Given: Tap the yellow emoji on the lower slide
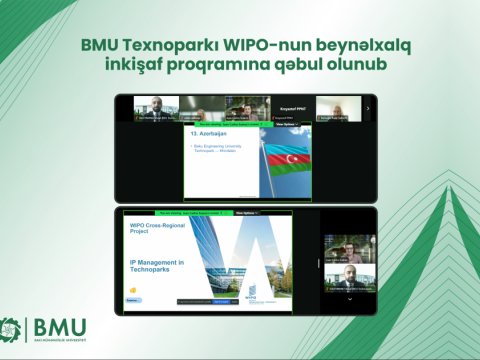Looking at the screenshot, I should (x=133, y=290).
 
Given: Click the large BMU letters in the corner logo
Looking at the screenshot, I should (x=60, y=326).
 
